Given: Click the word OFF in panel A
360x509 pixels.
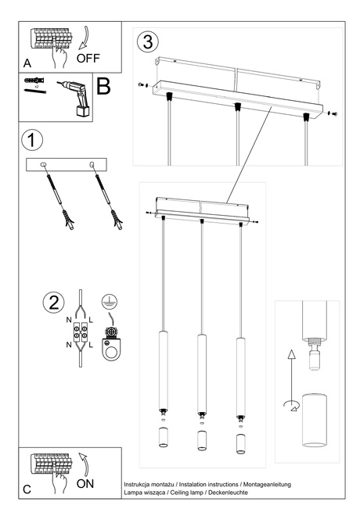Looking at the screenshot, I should [89, 58].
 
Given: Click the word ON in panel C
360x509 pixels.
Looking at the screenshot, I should [85, 484].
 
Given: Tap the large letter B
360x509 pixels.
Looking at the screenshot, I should [103, 86].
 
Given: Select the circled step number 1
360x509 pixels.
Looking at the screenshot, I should [31, 141].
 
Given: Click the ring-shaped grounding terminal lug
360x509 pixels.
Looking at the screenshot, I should [113, 349].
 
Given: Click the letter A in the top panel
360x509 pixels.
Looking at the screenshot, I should [27, 62].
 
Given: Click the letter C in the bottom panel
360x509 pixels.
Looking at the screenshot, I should [27, 489].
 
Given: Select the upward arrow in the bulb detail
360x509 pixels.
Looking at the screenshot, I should [291, 364].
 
